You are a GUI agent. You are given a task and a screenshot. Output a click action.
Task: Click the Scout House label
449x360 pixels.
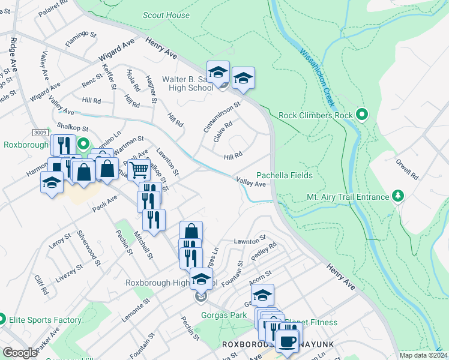(x=166, y=16)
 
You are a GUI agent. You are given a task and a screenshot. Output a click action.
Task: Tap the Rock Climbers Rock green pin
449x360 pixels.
(x=361, y=113)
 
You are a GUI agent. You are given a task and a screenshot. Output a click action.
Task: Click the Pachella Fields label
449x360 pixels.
(x=285, y=175)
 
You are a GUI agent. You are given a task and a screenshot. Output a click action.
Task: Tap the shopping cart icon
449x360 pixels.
(x=139, y=170)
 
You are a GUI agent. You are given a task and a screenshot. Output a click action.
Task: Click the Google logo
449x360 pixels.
(x=20, y=353)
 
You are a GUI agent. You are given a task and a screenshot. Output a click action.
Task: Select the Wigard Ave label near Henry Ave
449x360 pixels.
(x=116, y=53)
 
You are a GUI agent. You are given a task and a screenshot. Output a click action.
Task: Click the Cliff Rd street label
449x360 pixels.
(x=41, y=286)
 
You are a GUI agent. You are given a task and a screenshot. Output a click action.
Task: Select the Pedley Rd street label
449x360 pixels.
(x=264, y=250)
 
